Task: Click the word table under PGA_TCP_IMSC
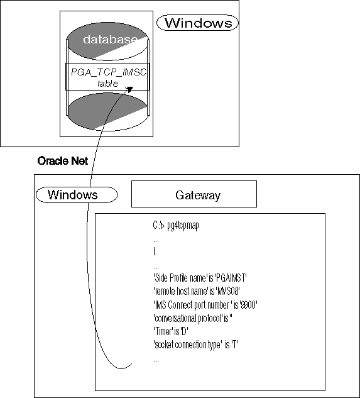[x=107, y=83]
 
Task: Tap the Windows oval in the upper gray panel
[x=197, y=23]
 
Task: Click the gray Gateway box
[x=194, y=194]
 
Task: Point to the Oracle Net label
[x=62, y=160]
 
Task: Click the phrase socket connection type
[x=188, y=345]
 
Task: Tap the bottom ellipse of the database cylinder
[x=106, y=113]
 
